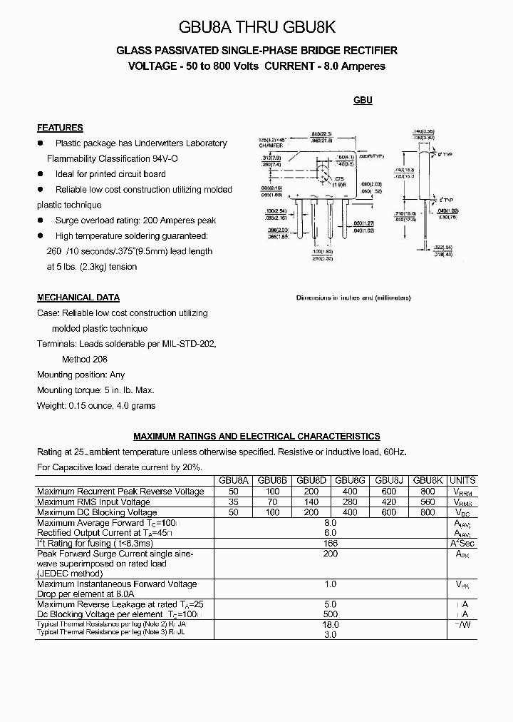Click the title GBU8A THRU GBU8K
click(256, 27)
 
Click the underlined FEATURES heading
click(60, 128)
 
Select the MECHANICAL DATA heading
click(78, 298)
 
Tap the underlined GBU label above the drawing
click(363, 101)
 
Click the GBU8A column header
click(234, 481)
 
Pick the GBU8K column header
click(427, 481)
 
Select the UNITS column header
click(463, 481)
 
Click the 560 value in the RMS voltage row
click(427, 502)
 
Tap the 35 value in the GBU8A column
click(234, 502)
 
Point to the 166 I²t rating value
click(330, 544)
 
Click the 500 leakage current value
click(330, 614)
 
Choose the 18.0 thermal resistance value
click(330, 624)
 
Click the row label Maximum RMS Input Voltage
click(93, 502)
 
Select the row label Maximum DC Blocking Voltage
click(97, 512)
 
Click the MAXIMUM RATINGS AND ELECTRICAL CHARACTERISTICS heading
click(256, 436)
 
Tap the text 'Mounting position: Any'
click(81, 375)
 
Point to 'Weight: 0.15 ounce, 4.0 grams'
click(96, 405)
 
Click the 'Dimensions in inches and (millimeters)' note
click(353, 298)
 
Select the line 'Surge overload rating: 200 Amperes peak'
click(135, 220)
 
